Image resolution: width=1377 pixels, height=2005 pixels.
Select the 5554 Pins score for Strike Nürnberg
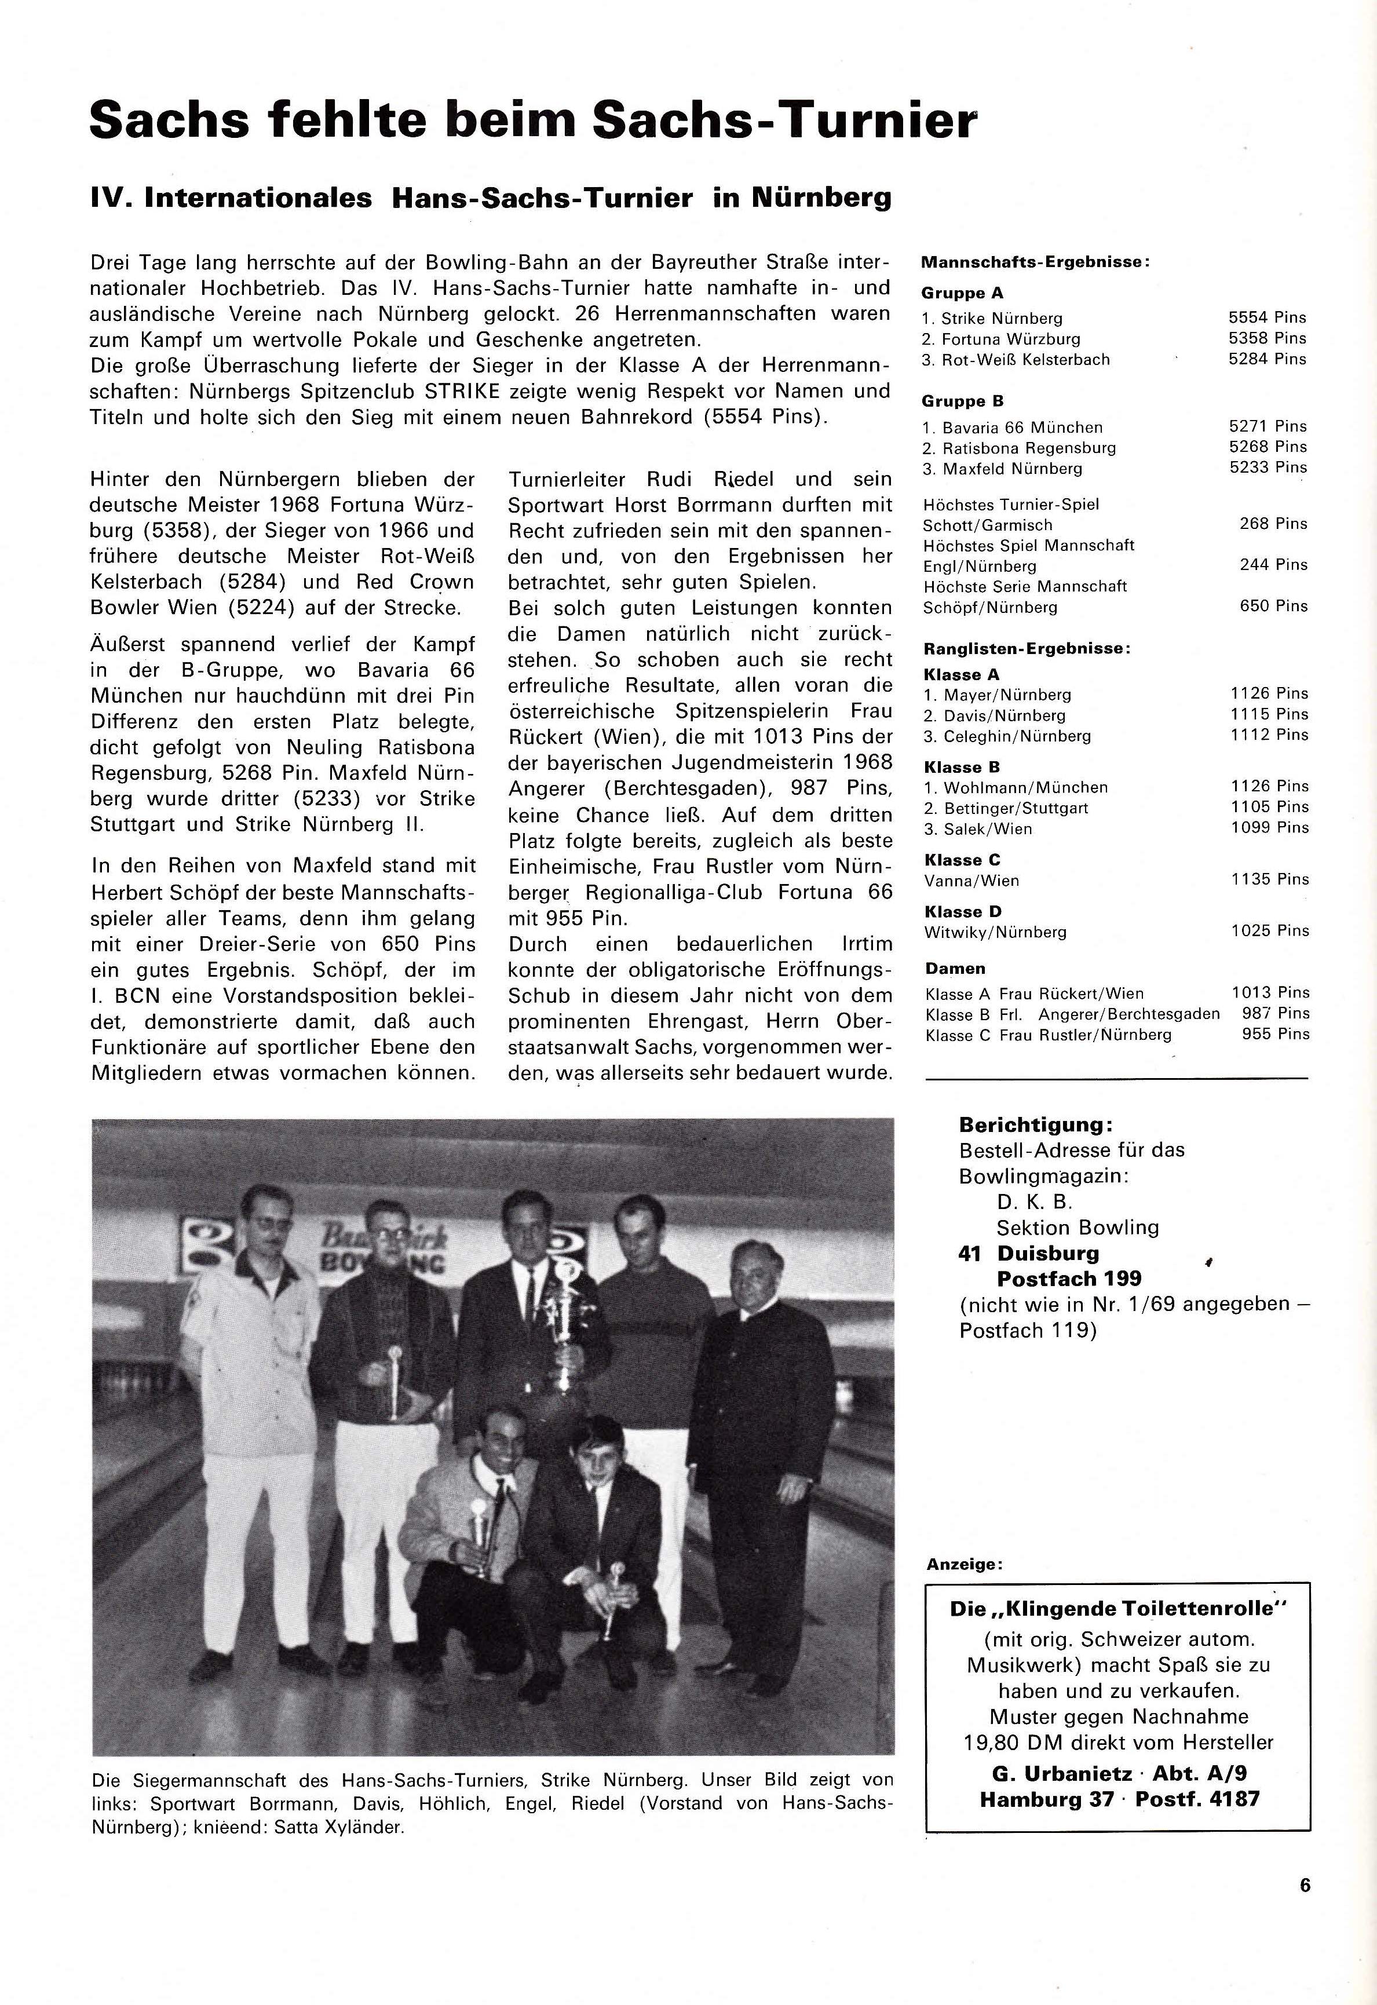(1266, 317)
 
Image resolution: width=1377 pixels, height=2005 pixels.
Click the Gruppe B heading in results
(962, 401)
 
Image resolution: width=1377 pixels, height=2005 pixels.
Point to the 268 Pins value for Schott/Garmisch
(1273, 524)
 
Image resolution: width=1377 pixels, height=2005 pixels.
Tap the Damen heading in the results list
(955, 969)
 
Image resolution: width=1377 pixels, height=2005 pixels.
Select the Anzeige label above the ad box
(965, 1564)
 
